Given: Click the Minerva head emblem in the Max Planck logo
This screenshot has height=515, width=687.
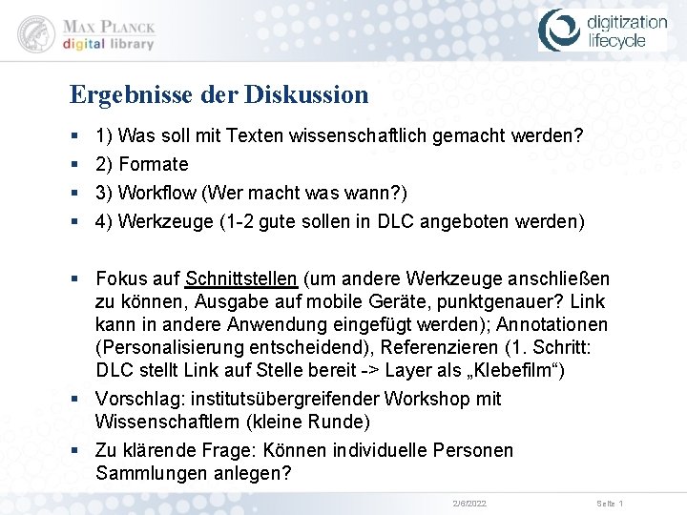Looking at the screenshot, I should (37, 33).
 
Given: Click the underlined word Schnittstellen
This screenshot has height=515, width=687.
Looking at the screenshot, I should (241, 279).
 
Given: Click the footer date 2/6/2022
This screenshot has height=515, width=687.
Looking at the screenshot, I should (469, 503).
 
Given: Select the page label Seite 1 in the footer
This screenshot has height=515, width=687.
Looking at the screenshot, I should (610, 503).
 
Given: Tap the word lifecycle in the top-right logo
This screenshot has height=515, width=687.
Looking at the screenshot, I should (615, 41).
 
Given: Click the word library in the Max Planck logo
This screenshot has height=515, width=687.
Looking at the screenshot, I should (127, 44).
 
